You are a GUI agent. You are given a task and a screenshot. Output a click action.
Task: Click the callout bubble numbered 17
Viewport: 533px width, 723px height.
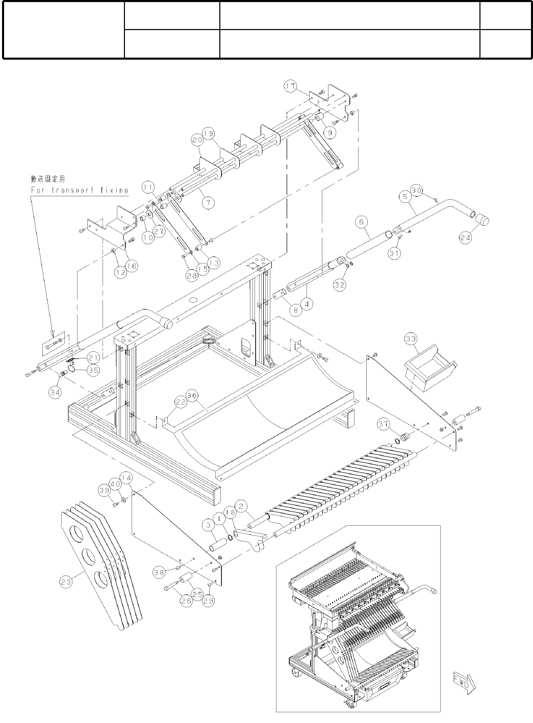coord(291,87)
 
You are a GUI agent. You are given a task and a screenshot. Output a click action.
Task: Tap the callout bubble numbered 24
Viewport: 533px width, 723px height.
coord(464,238)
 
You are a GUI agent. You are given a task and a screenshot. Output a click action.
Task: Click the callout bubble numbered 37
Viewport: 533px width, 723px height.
coord(384,424)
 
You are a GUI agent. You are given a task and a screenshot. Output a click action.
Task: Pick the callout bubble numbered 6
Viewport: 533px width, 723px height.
coord(361,222)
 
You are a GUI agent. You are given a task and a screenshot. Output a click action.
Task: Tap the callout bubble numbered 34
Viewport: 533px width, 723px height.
coord(55,392)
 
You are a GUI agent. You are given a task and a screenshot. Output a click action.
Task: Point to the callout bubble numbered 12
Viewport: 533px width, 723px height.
coord(120,273)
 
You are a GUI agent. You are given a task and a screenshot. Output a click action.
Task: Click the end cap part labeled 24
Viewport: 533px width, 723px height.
coord(482,220)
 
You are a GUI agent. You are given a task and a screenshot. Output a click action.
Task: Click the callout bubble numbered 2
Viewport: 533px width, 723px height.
coord(242,506)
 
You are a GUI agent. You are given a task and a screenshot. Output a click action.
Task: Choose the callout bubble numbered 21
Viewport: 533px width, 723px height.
coord(92,358)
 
